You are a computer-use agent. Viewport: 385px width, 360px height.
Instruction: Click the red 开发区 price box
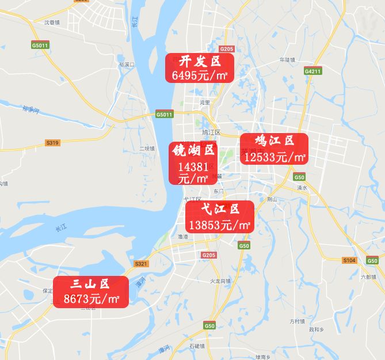point(200,69)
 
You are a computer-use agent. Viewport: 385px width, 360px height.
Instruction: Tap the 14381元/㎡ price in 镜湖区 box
point(193,172)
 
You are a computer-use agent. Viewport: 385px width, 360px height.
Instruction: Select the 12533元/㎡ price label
point(275,156)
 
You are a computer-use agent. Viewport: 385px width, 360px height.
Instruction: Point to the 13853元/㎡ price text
point(220,225)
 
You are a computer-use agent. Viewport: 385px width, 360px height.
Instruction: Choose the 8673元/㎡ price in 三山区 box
point(91,299)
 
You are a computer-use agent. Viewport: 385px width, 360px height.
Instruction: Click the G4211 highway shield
point(313,71)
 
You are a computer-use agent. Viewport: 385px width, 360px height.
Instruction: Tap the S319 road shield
point(52,142)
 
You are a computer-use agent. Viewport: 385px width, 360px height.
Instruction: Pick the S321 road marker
point(141,263)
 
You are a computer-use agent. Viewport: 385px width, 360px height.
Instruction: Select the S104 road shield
point(349,260)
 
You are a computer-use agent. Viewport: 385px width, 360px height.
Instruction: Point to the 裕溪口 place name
point(126,65)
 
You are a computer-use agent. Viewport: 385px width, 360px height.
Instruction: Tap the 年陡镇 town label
point(287,59)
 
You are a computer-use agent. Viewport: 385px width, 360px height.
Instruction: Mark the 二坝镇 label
point(147,148)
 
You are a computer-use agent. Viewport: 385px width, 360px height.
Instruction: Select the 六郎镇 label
point(368,276)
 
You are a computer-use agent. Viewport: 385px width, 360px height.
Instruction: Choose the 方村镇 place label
point(299,321)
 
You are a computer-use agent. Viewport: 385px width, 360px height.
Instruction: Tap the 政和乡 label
point(317,329)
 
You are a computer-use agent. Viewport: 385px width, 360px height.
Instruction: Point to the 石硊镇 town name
point(197,346)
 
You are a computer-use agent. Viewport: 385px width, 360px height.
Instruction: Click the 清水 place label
point(302,188)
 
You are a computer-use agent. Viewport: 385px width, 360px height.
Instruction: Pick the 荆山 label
point(273,199)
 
